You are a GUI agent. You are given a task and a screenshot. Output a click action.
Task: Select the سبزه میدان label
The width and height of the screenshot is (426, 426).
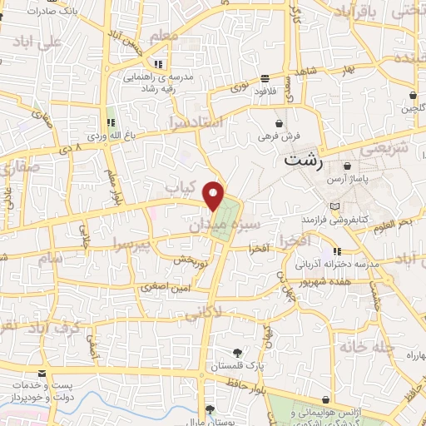click(225, 220)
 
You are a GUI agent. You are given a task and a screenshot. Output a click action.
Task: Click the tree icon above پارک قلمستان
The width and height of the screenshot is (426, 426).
click(238, 353)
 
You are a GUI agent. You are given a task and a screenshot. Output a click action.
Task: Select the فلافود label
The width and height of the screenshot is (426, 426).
click(265, 89)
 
